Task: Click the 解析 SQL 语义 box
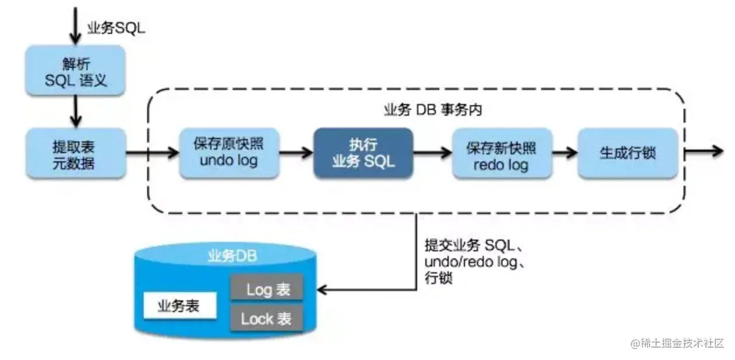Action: (x=75, y=71)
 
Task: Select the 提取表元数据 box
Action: (x=75, y=154)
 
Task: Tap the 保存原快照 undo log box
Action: (x=228, y=154)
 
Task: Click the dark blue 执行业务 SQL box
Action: (x=363, y=154)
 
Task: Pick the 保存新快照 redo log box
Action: (x=501, y=154)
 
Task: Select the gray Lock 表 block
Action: (x=266, y=319)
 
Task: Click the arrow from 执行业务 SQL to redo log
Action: (x=432, y=154)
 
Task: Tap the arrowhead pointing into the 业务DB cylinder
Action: (x=323, y=289)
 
